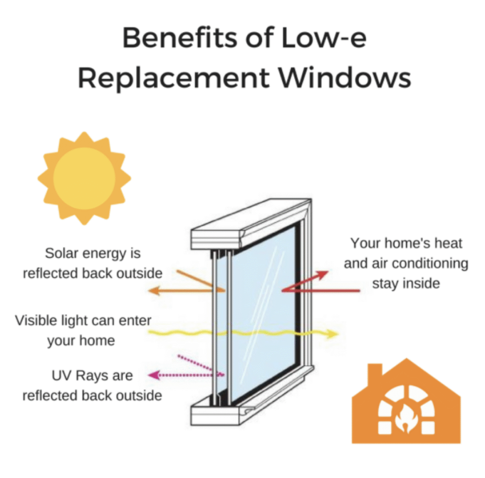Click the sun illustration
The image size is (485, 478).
[x=84, y=179]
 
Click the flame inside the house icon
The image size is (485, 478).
[x=406, y=419]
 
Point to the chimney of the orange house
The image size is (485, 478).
[x=375, y=373]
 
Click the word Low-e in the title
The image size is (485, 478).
[x=324, y=38]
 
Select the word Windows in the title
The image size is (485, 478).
[x=345, y=78]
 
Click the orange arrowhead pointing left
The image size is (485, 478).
[x=154, y=290]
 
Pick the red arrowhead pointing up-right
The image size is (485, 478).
[x=322, y=275]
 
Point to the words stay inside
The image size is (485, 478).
[x=406, y=283]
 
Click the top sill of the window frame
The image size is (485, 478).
[x=251, y=224]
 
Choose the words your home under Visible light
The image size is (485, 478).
[x=81, y=341]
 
